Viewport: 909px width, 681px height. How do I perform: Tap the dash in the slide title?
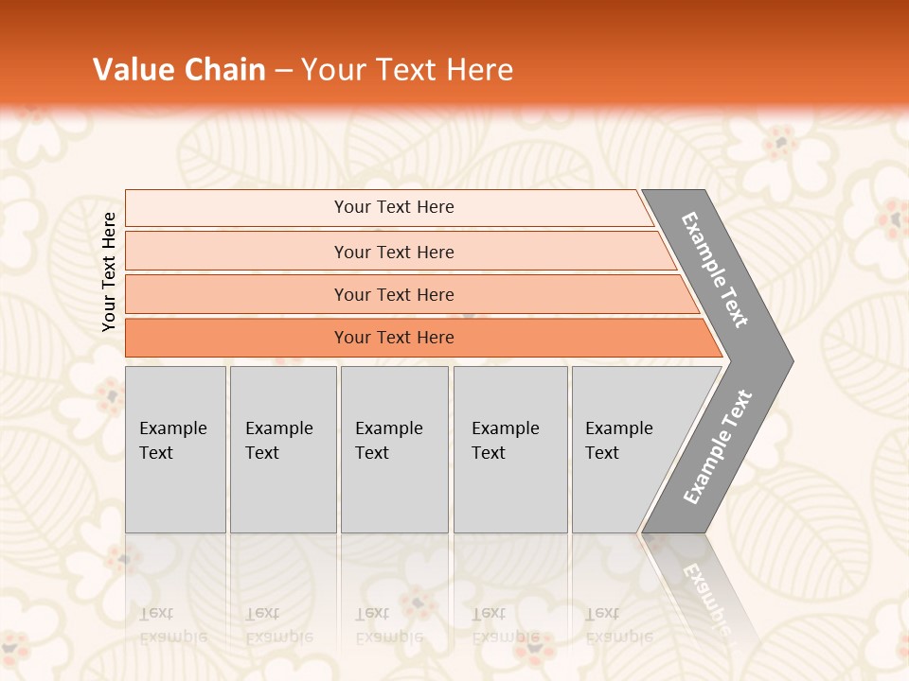click(283, 71)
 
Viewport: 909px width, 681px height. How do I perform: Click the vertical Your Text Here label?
click(109, 272)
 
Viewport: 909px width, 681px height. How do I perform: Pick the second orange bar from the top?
click(394, 252)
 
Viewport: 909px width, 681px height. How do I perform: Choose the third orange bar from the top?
click(394, 294)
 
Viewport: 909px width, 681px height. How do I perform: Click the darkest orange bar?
click(394, 338)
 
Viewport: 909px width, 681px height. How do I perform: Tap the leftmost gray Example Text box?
click(175, 449)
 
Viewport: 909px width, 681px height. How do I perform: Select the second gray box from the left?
click(283, 449)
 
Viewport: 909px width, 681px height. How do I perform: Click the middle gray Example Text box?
click(394, 449)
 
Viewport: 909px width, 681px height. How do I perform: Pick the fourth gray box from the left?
click(510, 449)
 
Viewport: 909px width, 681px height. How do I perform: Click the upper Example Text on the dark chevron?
click(716, 270)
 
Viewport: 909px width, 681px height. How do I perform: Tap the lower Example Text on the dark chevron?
click(718, 446)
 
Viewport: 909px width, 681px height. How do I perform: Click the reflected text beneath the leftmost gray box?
click(172, 624)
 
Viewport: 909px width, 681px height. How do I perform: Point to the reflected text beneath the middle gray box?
click(388, 624)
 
